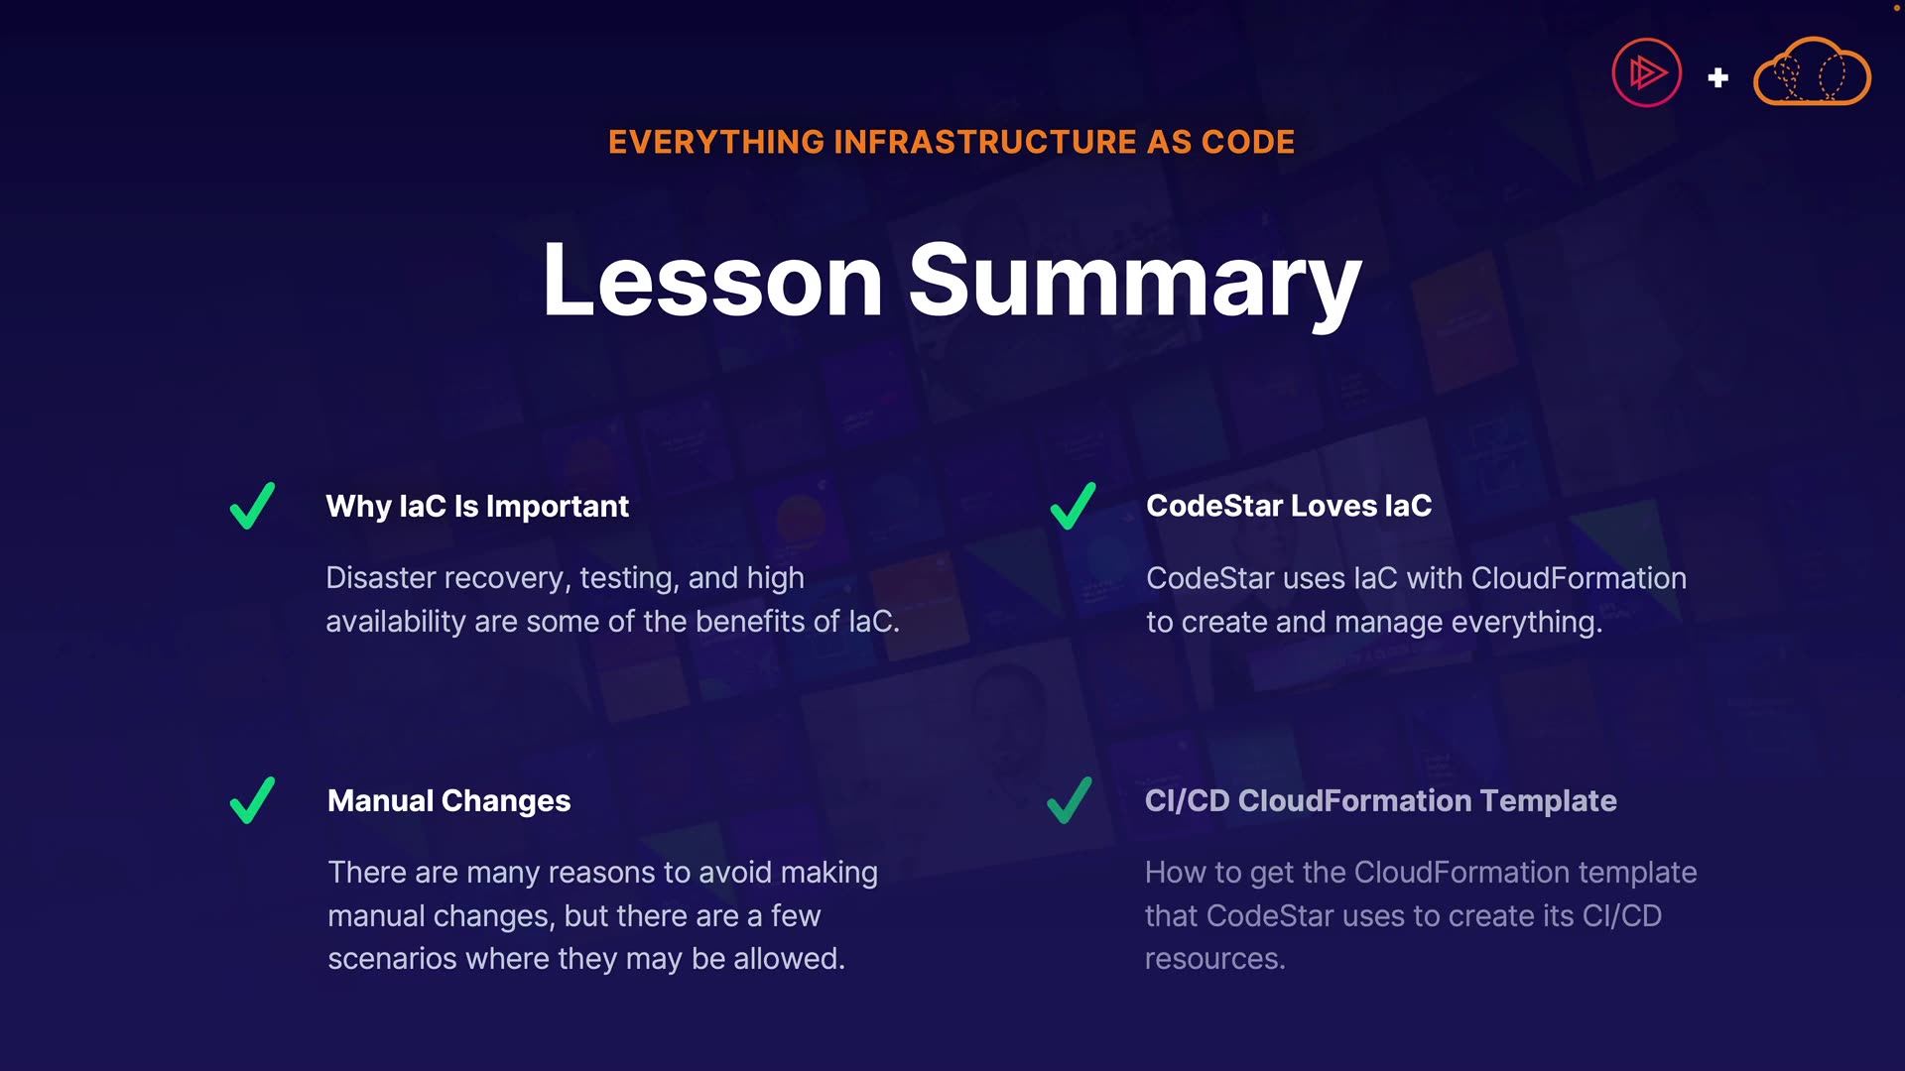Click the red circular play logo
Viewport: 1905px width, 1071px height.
tap(1647, 72)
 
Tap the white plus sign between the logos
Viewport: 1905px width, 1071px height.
tap(1718, 77)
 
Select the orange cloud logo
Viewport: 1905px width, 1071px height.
tap(1812, 71)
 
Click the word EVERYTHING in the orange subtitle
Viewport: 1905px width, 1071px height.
tap(716, 142)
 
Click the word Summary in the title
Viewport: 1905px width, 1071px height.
tap(1135, 285)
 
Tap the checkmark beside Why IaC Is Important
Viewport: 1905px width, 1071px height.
tap(252, 506)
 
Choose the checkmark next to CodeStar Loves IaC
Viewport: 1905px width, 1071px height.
tap(1074, 506)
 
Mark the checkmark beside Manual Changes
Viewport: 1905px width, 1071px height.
tap(252, 800)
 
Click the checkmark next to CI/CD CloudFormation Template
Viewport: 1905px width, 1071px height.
tap(1070, 800)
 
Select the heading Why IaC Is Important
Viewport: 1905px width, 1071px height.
tap(477, 507)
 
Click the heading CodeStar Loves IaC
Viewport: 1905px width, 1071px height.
tap(1289, 506)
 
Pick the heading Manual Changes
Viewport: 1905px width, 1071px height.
tap(449, 801)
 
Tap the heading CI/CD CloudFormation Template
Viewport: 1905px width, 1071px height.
tap(1381, 801)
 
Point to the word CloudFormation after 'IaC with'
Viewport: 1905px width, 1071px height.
tap(1579, 578)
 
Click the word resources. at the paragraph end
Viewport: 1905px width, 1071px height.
tap(1215, 959)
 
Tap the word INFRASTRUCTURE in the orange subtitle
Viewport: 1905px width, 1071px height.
tap(985, 142)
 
